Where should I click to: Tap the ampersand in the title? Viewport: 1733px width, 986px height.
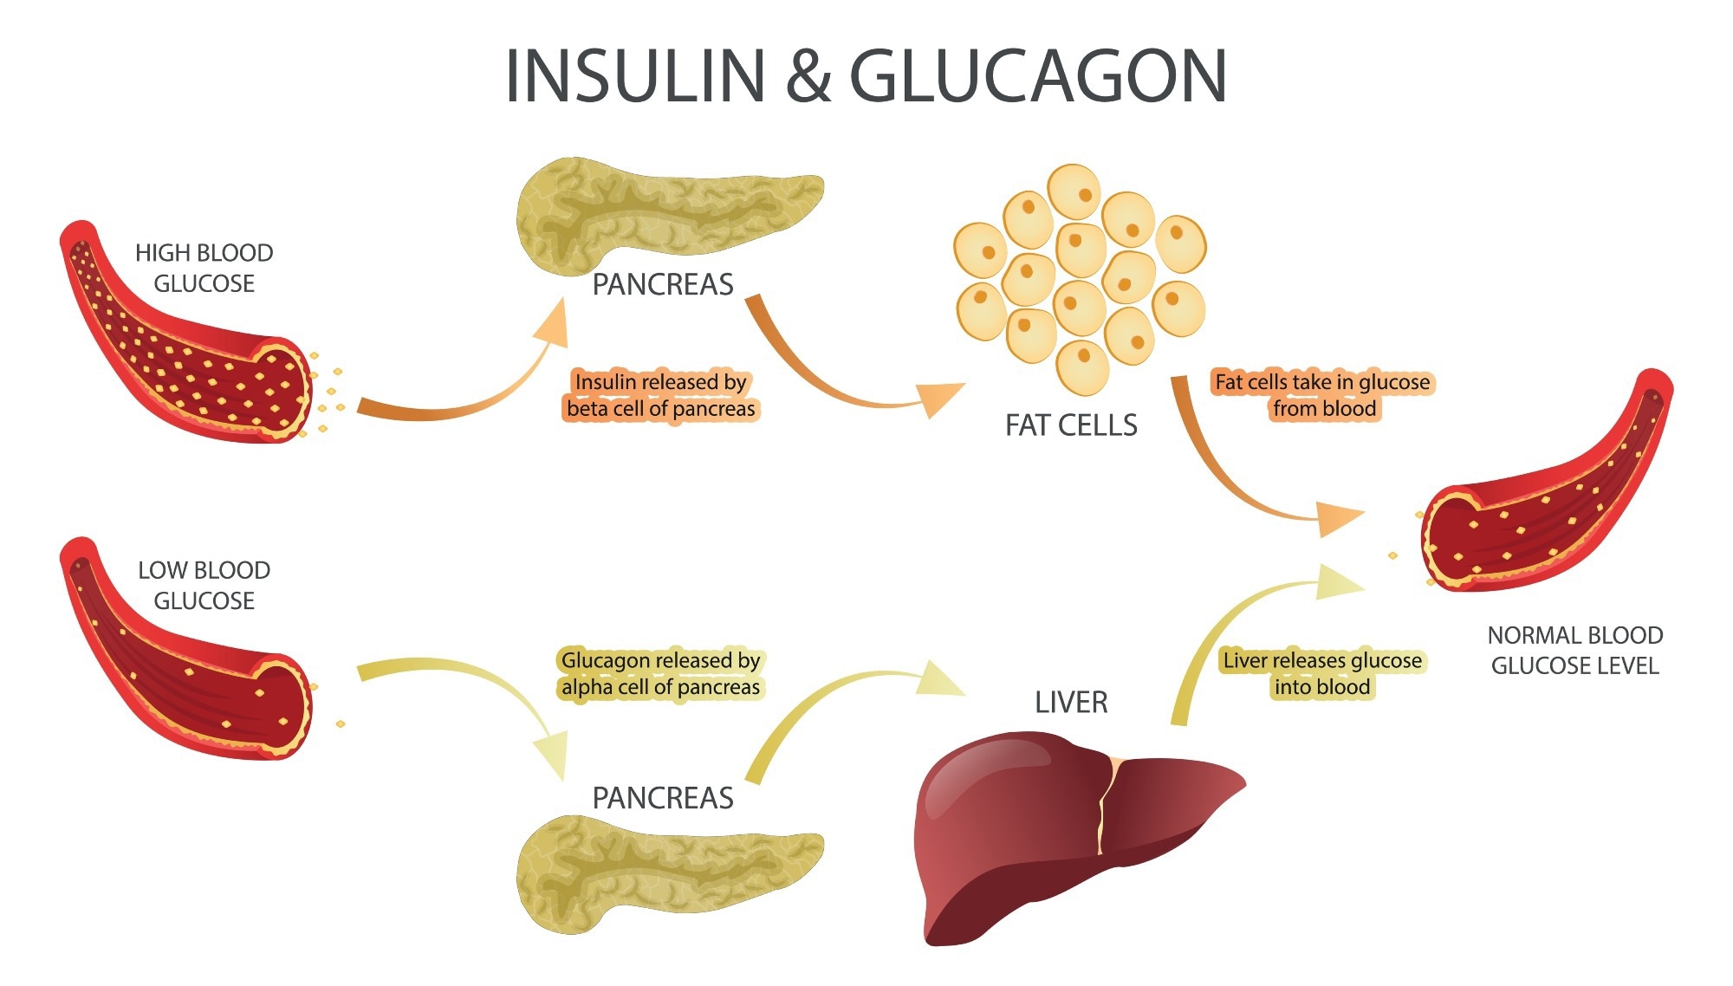[808, 76]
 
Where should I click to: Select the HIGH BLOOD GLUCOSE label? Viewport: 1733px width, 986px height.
[204, 268]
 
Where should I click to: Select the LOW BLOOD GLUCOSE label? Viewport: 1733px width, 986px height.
[204, 585]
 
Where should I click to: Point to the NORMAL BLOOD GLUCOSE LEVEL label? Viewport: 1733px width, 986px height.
[1574, 650]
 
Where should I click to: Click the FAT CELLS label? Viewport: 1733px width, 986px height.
[1071, 425]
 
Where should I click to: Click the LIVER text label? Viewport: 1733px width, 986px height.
[1071, 702]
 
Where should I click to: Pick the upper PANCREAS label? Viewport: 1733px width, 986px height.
[663, 284]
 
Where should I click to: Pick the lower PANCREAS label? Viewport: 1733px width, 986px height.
[663, 798]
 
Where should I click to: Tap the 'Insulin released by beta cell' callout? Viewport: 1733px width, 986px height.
[660, 395]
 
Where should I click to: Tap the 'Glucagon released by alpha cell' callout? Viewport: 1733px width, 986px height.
[660, 673]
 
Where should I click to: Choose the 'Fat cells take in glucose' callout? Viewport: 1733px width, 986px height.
[1322, 395]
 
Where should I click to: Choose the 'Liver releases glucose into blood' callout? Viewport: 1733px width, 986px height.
[1322, 673]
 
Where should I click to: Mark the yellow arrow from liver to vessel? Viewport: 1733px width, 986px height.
[1230, 624]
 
